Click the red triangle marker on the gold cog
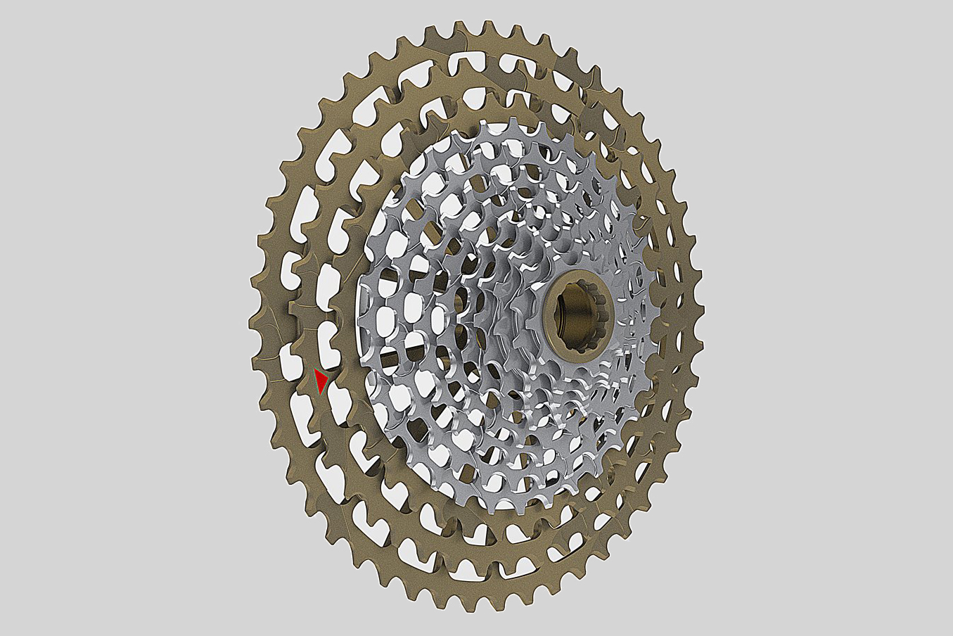321,380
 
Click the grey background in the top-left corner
42,35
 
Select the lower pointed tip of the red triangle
320,392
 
